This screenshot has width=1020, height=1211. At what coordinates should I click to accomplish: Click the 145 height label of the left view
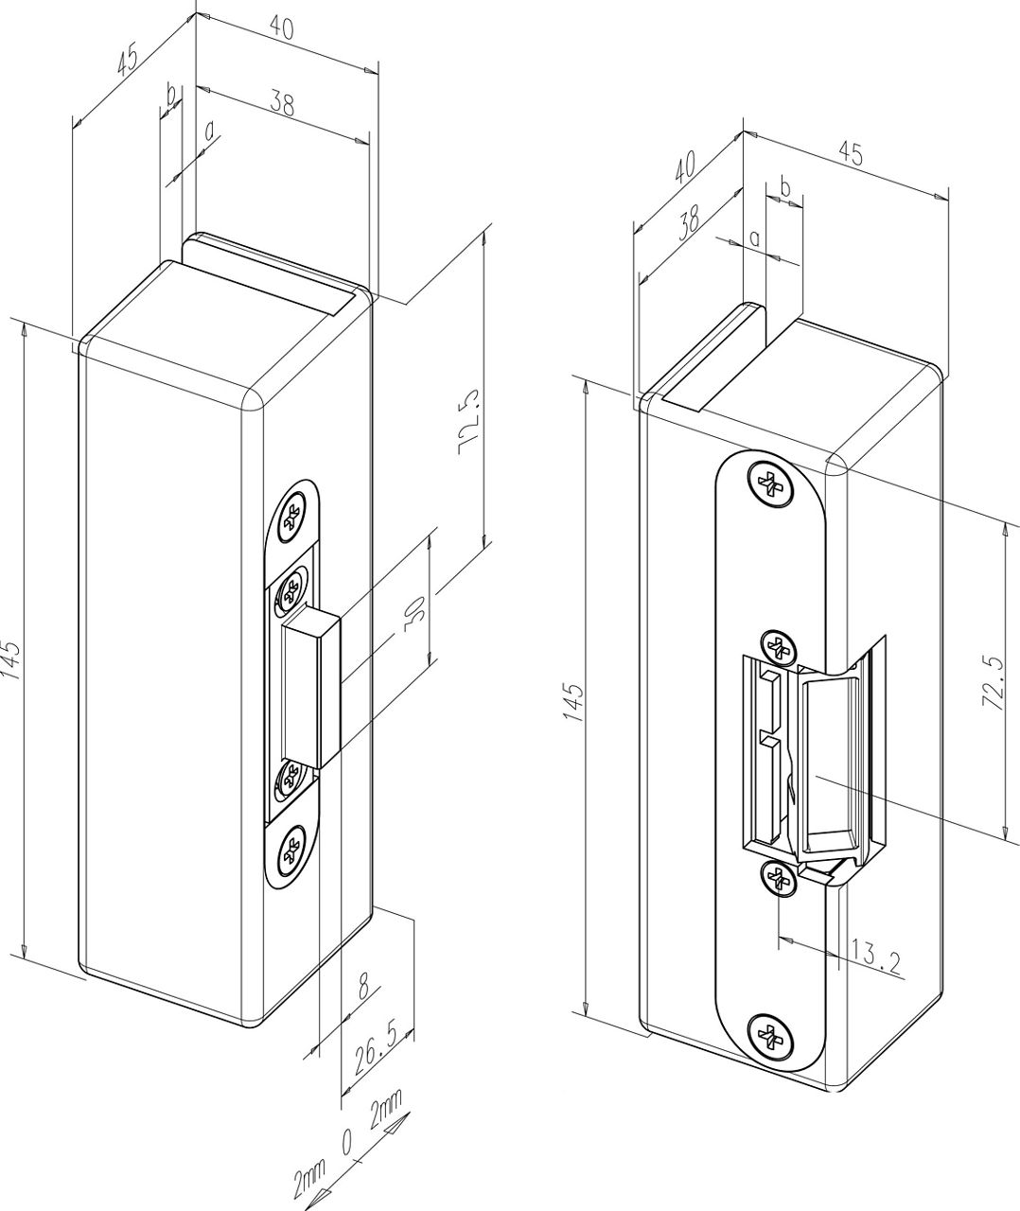[x=10, y=660]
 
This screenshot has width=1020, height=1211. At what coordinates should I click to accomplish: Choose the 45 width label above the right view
[x=851, y=155]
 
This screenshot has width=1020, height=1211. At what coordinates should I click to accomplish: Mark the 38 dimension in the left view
[x=282, y=103]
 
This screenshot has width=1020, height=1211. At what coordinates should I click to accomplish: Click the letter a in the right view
[x=754, y=238]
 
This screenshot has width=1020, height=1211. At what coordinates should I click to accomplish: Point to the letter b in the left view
[x=171, y=95]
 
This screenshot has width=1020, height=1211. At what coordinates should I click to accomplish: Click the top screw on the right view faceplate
[x=773, y=483]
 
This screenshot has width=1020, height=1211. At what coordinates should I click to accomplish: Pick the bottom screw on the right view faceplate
[x=770, y=1036]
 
